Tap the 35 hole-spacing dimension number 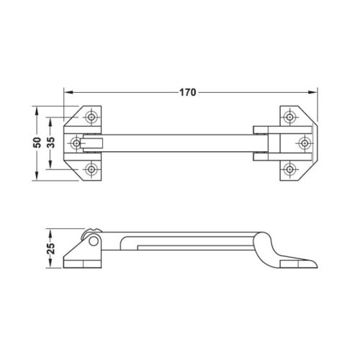[x=50, y=143]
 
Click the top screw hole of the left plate [x=91, y=117]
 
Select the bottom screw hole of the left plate [x=91, y=169]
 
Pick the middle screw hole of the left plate [x=75, y=143]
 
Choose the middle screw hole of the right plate [x=306, y=143]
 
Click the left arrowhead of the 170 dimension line [x=68, y=91]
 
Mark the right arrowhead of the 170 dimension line [x=314, y=91]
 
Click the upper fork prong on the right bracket [x=261, y=130]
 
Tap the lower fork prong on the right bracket [x=261, y=156]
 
